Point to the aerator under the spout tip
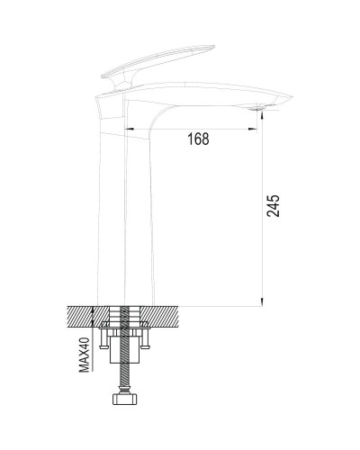(x=262, y=110)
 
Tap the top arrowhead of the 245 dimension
(x=262, y=118)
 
